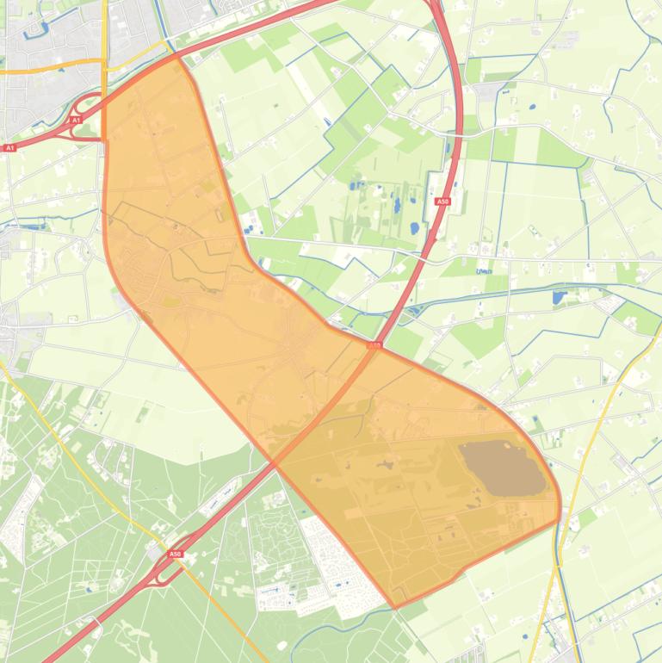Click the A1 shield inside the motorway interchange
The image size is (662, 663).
point(76,121)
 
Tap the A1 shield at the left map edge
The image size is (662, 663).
point(9,148)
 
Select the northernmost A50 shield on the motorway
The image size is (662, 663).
point(442,201)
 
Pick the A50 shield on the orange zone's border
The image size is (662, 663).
point(374,345)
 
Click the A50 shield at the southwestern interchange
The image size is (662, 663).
point(176,554)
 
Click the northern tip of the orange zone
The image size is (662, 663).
point(176,58)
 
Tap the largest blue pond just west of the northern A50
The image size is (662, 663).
point(415,229)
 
